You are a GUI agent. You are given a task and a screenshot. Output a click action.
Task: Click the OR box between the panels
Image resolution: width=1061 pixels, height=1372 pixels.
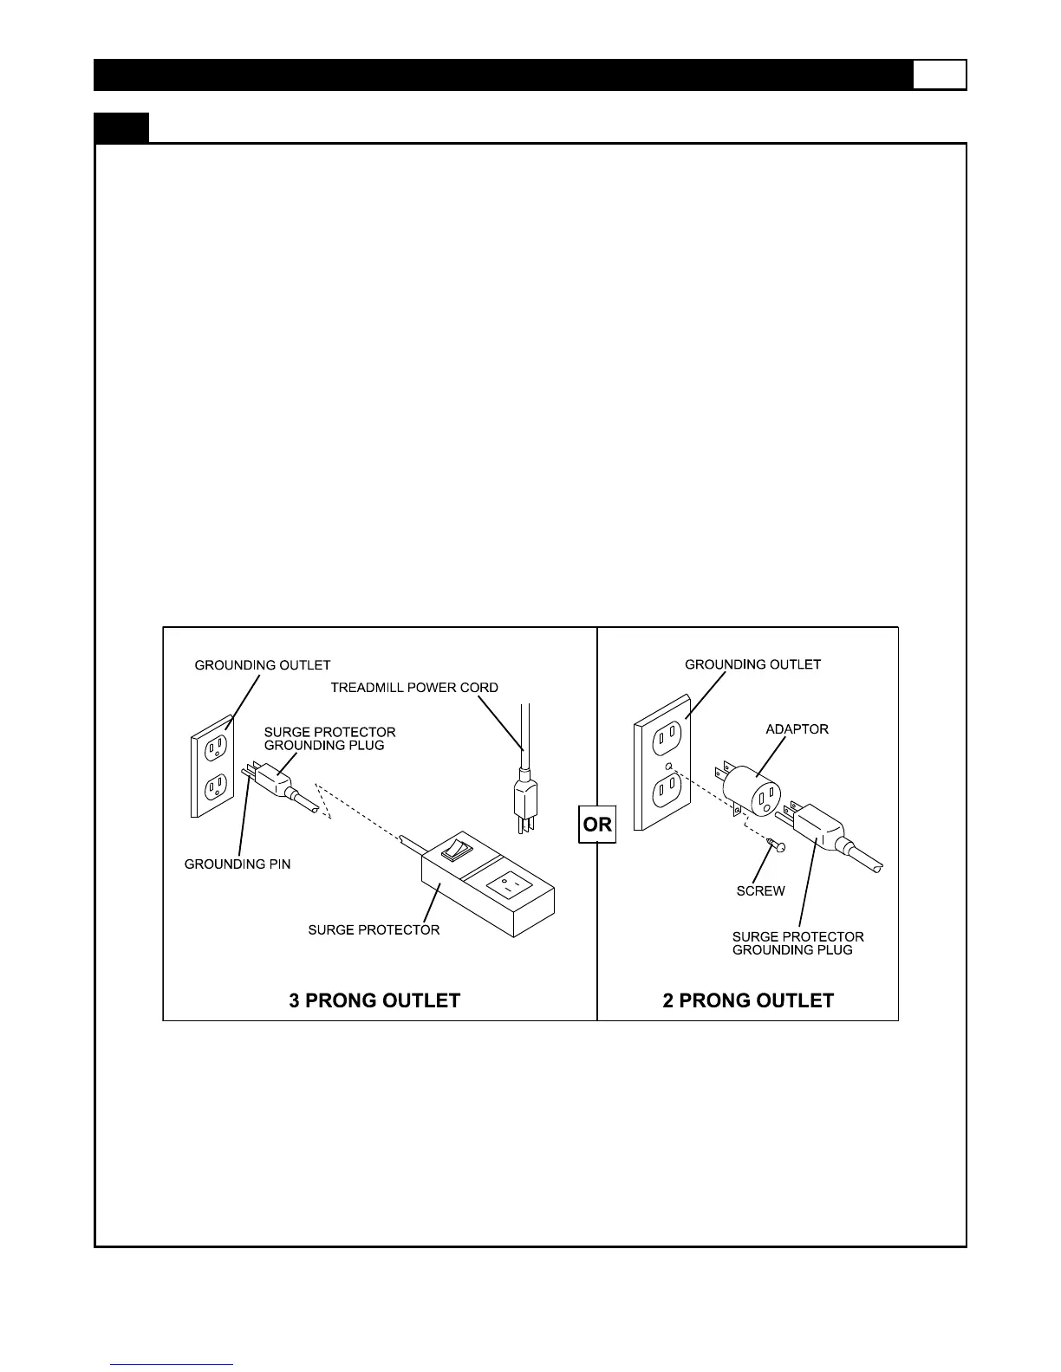597,824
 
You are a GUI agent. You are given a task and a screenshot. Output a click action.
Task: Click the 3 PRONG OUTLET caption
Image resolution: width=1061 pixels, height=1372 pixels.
374,1000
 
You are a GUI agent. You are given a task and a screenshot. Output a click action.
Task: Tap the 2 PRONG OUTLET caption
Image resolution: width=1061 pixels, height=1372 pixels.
748,1000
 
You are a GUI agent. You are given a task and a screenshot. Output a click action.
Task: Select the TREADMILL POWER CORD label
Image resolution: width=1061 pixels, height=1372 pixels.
414,688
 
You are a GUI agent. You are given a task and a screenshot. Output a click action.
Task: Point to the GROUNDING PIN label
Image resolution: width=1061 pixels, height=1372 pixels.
238,864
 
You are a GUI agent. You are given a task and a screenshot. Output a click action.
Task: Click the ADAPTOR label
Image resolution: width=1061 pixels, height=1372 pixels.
797,729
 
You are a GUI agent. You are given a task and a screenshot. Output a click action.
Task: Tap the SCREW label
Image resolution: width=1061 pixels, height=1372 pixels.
760,891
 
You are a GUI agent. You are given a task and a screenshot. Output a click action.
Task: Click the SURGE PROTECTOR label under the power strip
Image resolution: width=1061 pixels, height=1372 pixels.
374,930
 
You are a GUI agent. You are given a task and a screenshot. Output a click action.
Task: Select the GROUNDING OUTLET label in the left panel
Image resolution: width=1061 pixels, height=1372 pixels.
263,665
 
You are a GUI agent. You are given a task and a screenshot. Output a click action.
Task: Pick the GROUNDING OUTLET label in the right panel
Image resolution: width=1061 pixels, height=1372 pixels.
752,664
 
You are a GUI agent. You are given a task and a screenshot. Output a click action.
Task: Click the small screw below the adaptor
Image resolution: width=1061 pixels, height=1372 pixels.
778,845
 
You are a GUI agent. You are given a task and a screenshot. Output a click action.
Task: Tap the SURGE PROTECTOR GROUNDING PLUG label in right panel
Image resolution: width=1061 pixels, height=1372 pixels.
797,943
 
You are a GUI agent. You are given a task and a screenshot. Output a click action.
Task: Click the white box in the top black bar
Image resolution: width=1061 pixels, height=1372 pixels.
939,74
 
